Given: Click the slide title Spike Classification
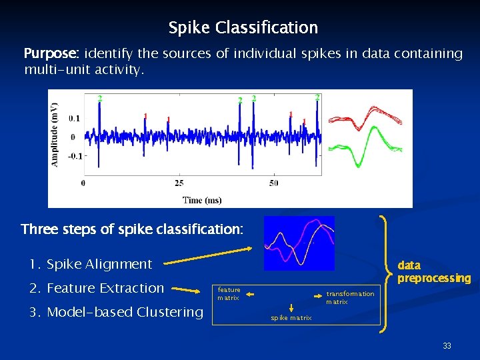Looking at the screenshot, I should click(x=243, y=28).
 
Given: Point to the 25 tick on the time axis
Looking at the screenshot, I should click(x=179, y=183).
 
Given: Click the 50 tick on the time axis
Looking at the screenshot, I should click(x=274, y=183).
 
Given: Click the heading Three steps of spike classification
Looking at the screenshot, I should click(x=132, y=230).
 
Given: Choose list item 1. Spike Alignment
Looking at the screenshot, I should click(x=91, y=264).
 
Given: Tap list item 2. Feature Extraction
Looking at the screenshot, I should click(x=97, y=288).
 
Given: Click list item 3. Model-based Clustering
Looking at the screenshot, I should click(x=116, y=312).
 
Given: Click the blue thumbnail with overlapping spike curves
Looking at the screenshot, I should click(x=299, y=243).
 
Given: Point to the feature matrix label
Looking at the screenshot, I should click(x=229, y=294).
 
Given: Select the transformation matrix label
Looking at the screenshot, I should click(x=350, y=298).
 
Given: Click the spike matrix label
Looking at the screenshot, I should click(x=291, y=318).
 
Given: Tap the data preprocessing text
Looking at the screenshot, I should click(x=434, y=272).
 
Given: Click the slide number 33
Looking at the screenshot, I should click(x=446, y=346).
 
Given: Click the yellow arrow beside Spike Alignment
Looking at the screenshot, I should click(x=207, y=256).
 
